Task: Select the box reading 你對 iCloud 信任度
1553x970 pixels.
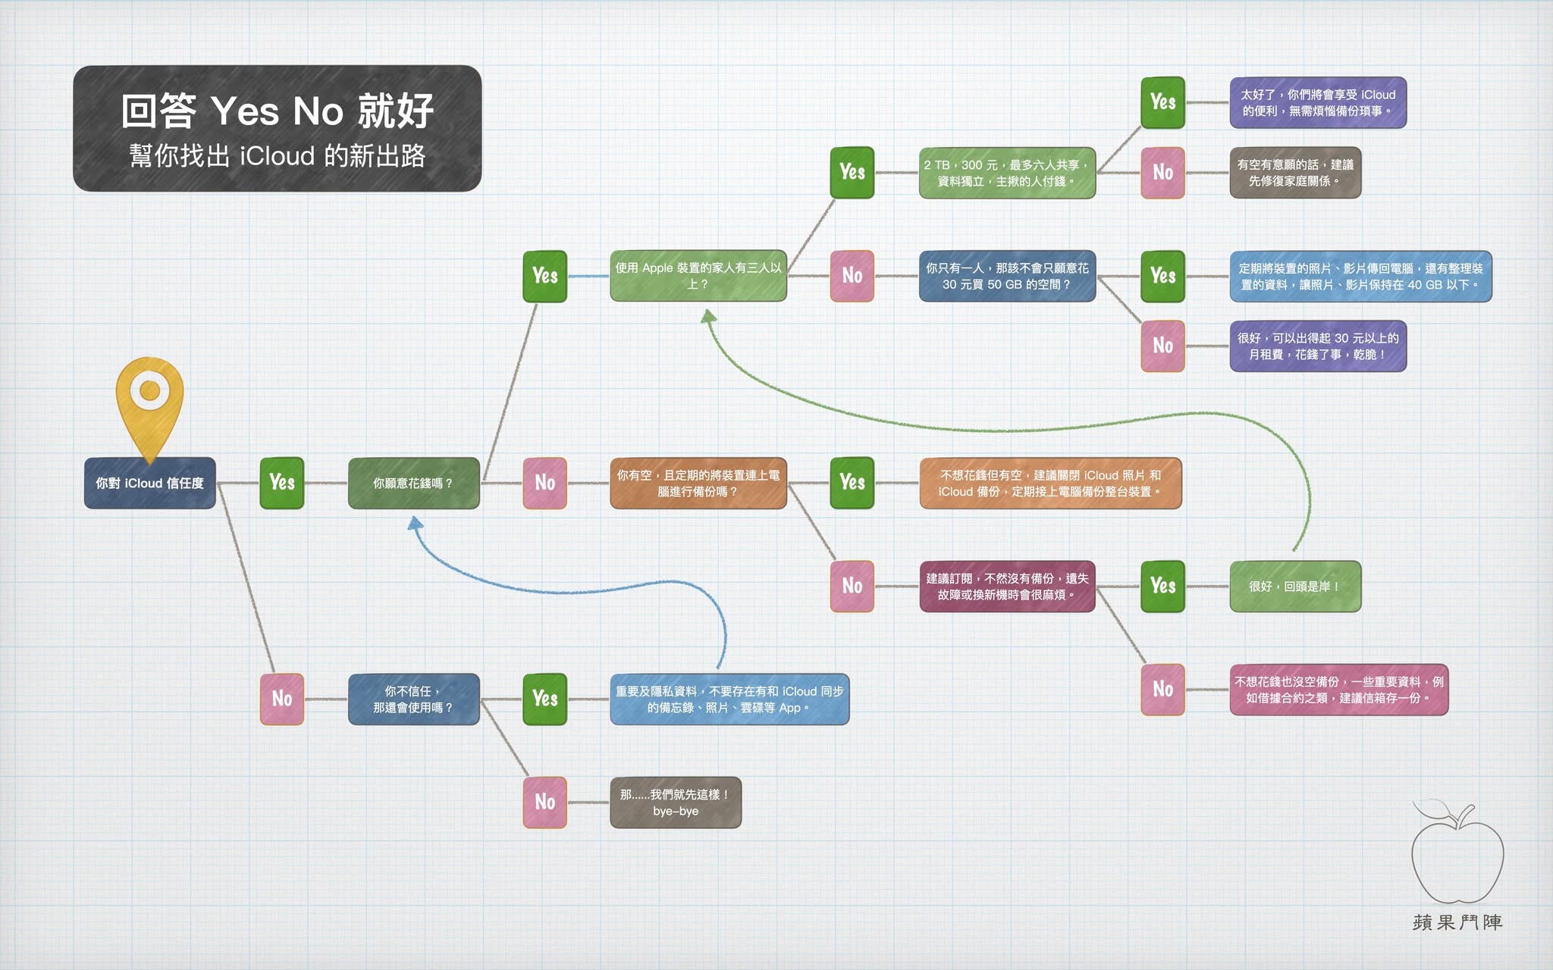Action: point(150,483)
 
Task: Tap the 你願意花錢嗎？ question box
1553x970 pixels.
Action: point(413,483)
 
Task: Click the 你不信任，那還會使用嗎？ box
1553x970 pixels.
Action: point(413,699)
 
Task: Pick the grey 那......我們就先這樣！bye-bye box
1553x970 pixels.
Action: point(676,803)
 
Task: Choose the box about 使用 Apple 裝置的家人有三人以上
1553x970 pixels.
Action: point(698,276)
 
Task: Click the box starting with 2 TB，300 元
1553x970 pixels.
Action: point(1007,173)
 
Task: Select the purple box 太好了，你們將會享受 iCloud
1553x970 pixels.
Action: point(1318,102)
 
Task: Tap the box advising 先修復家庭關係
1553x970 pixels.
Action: point(1295,173)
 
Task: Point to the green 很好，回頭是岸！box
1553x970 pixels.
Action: point(1295,586)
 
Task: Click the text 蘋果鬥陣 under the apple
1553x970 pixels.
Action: point(1457,922)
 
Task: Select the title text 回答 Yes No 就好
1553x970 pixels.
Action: point(278,111)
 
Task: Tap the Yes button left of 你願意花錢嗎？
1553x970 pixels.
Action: point(282,483)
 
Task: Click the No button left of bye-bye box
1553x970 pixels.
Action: point(544,803)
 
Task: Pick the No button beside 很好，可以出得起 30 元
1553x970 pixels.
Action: point(1162,346)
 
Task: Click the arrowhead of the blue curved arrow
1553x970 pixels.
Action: point(415,523)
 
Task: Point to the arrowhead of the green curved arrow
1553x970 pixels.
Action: point(708,316)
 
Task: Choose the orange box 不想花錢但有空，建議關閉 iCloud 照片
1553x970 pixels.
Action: point(1050,483)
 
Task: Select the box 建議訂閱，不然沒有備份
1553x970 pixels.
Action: point(1007,586)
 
